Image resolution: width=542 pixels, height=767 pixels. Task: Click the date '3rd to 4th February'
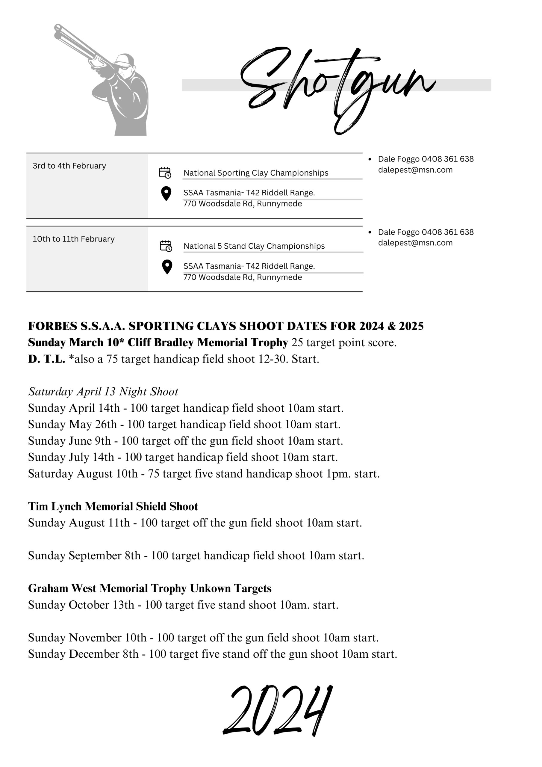(69, 166)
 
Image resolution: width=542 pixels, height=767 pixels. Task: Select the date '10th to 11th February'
(73, 239)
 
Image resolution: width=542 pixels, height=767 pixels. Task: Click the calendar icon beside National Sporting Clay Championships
(165, 173)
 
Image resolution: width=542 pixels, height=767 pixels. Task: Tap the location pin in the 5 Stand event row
(166, 267)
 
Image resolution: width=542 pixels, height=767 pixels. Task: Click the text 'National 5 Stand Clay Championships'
(254, 246)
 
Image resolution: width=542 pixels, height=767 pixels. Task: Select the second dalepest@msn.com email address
(415, 243)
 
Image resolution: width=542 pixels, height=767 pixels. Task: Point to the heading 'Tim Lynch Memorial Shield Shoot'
(113, 506)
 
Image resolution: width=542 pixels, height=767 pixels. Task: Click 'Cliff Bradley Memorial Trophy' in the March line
(208, 342)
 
